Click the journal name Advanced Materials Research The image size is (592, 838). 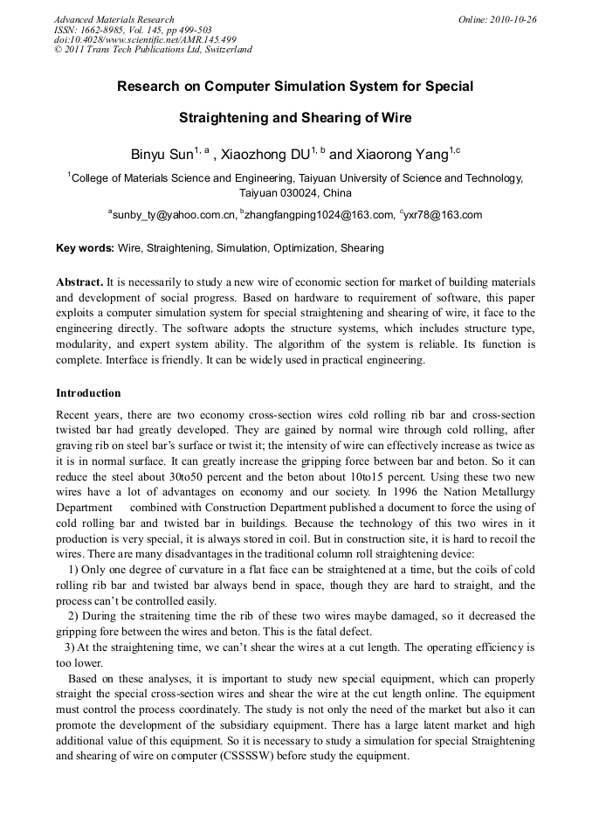point(114,19)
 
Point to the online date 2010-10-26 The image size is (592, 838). point(513,19)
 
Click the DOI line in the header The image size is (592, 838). point(145,39)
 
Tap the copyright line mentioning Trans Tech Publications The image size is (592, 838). point(153,50)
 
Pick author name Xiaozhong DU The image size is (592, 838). point(265,156)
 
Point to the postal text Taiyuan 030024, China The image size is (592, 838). point(295,193)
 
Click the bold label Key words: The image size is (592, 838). point(85,248)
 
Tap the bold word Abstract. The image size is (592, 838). point(79,283)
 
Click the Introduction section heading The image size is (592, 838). point(88,393)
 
